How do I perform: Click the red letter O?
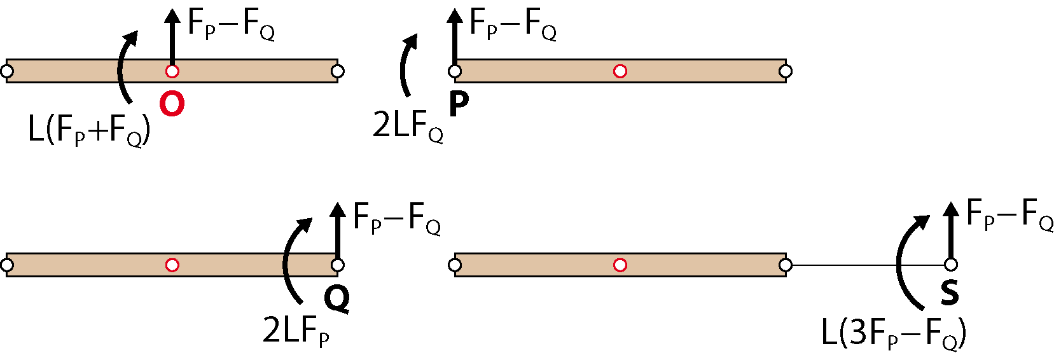click(172, 104)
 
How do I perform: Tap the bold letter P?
click(459, 104)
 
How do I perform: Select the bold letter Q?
click(337, 299)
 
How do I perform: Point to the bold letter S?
click(950, 293)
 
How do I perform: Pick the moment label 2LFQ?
click(408, 126)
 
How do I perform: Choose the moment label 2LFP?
click(296, 332)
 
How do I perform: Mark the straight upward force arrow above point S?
click(951, 233)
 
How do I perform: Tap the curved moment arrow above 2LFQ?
click(402, 66)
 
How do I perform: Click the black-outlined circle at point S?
click(951, 265)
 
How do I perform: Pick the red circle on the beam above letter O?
click(172, 71)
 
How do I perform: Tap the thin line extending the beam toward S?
click(868, 265)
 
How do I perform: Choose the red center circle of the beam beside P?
click(620, 71)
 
